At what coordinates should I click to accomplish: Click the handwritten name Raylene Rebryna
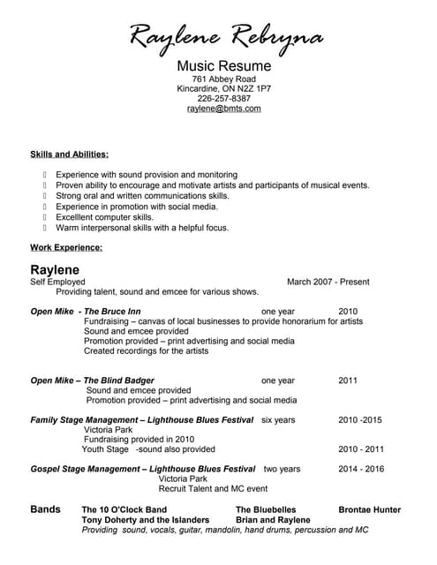tap(227, 36)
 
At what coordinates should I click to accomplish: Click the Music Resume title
tap(223, 66)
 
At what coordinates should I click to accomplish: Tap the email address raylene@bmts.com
tap(223, 109)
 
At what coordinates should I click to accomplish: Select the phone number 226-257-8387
tap(223, 99)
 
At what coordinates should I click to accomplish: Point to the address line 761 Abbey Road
tap(223, 79)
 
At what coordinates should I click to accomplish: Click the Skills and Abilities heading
tap(69, 154)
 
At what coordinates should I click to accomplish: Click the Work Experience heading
tap(66, 247)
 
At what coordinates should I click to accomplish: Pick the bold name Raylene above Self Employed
tap(55, 269)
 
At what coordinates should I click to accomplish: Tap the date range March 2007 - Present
tap(328, 282)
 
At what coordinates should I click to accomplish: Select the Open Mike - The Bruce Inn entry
tap(86, 312)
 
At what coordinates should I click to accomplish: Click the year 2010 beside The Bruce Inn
tap(348, 312)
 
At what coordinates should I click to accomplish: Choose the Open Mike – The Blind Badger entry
tap(93, 380)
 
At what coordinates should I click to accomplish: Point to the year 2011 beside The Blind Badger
tap(348, 380)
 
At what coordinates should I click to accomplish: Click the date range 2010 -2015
tap(360, 419)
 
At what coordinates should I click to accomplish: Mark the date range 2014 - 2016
tap(361, 469)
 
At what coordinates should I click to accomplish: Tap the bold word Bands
tap(46, 509)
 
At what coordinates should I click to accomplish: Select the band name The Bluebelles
tap(266, 509)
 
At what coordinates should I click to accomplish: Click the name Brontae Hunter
tap(369, 509)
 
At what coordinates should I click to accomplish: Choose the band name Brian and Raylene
tap(273, 520)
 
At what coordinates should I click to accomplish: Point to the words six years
tap(279, 419)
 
